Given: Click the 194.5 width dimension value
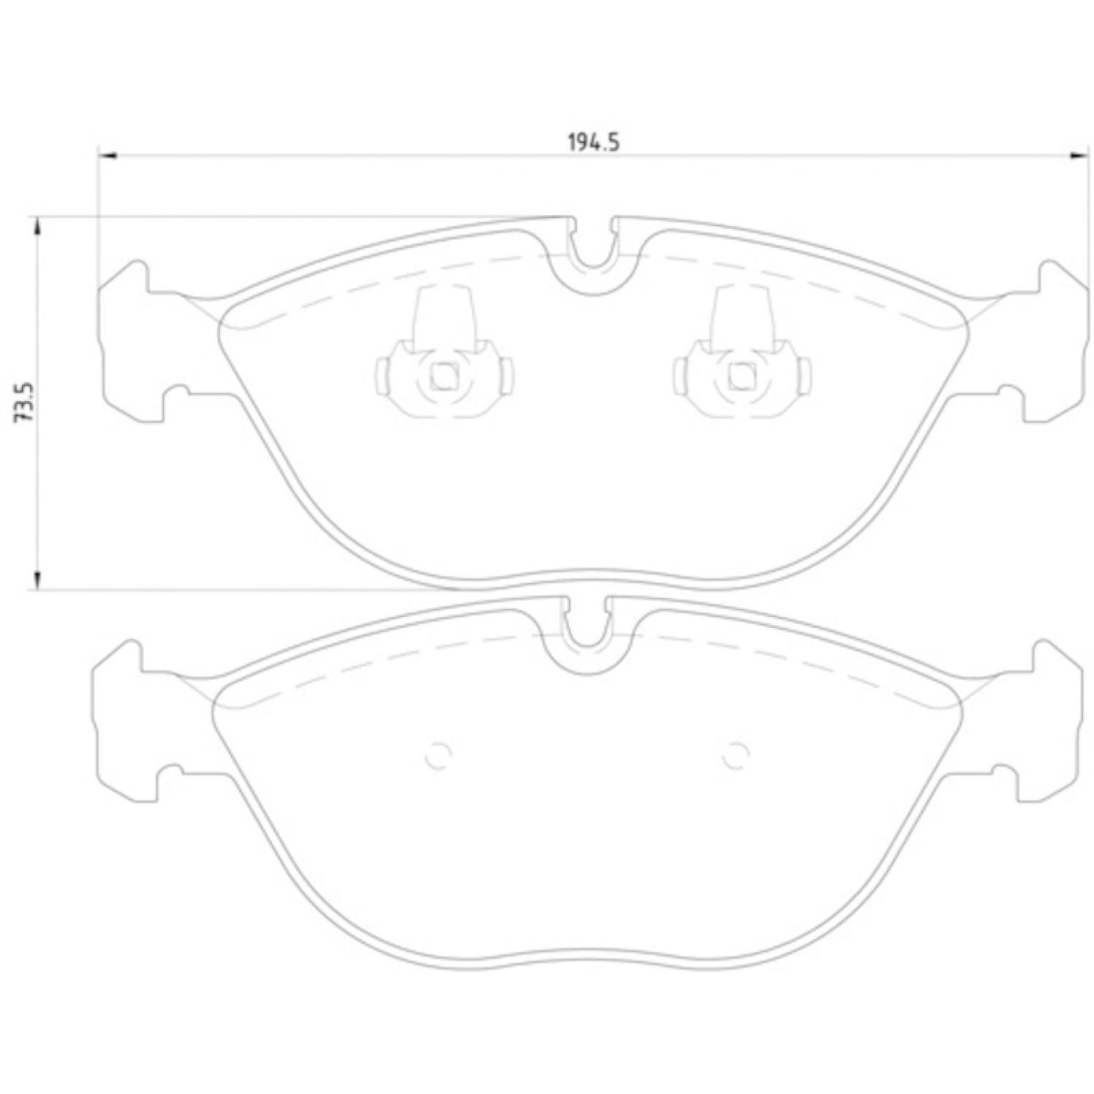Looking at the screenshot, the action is click(x=594, y=143).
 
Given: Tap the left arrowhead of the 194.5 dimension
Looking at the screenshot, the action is click(x=107, y=155).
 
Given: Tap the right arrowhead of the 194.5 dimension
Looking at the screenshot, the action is click(x=1077, y=155).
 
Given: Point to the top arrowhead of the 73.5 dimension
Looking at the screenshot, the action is click(x=36, y=226).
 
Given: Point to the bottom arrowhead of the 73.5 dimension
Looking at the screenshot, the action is click(x=36, y=579).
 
